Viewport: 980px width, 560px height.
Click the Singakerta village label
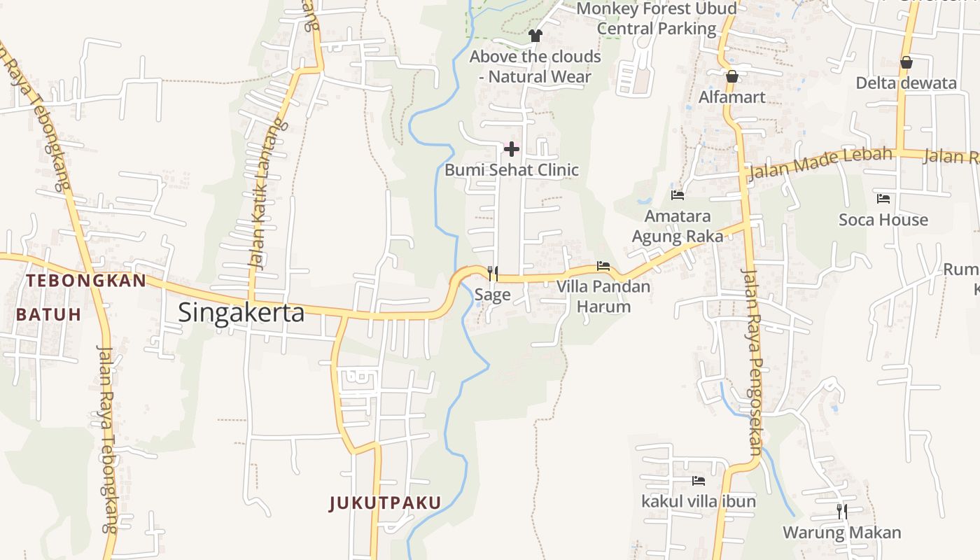tap(241, 312)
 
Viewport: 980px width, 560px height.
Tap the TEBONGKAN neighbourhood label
tap(86, 281)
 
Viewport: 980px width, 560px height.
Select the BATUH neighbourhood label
tap(49, 314)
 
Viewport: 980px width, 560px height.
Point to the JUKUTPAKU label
tap(386, 503)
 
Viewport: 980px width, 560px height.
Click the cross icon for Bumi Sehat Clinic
tap(512, 148)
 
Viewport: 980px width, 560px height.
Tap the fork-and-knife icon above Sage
tap(493, 273)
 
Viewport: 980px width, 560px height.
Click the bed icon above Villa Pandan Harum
tap(603, 266)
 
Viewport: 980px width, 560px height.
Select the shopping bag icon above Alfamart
tap(732, 76)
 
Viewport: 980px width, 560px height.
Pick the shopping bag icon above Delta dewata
tap(906, 62)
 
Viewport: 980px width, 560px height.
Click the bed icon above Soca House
tap(883, 199)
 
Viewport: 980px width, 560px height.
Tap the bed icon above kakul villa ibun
tap(698, 481)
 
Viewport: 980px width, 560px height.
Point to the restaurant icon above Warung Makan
tap(842, 511)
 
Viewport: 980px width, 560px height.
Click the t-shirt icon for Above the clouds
tap(535, 35)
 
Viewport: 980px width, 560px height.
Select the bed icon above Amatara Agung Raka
tap(677, 195)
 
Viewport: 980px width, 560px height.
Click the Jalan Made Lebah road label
tap(821, 164)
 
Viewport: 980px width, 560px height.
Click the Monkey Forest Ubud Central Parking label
tap(657, 19)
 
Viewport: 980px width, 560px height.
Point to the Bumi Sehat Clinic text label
tap(512, 169)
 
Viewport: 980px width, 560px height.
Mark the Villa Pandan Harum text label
tap(603, 296)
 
